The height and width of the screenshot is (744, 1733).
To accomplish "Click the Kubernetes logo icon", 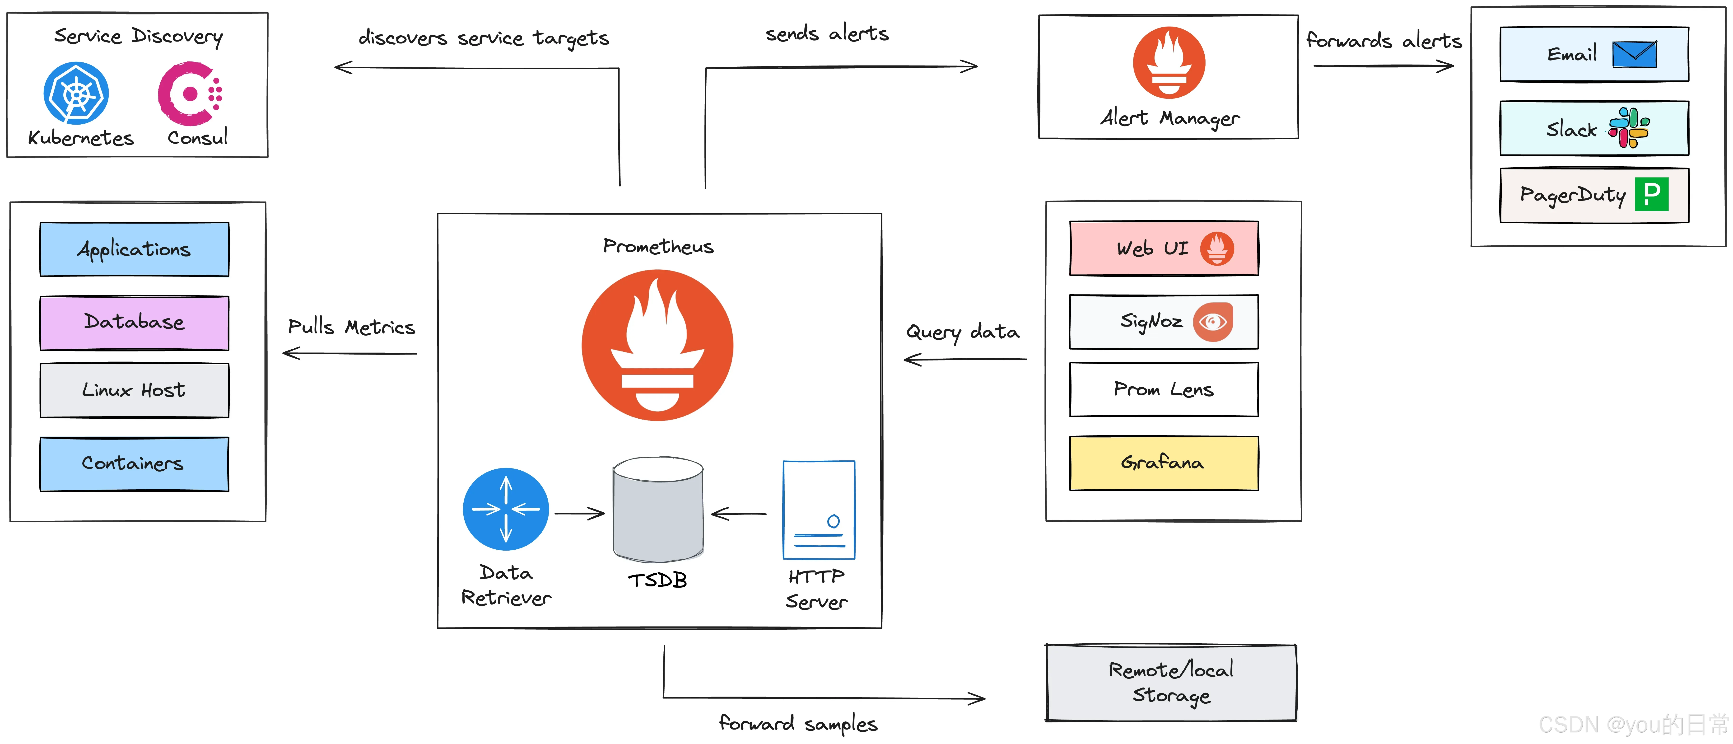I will click(76, 94).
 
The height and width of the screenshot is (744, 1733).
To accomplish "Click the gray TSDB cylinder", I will click(658, 510).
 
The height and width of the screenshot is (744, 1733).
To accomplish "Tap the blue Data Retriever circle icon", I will click(506, 509).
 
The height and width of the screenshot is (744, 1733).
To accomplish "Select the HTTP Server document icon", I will click(819, 510).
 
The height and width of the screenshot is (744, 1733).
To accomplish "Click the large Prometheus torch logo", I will click(657, 345).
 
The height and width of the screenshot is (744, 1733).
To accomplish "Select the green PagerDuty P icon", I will click(1652, 194).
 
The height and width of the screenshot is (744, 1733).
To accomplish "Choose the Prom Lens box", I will click(1164, 389).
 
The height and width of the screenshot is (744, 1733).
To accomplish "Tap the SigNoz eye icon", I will click(1213, 322).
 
